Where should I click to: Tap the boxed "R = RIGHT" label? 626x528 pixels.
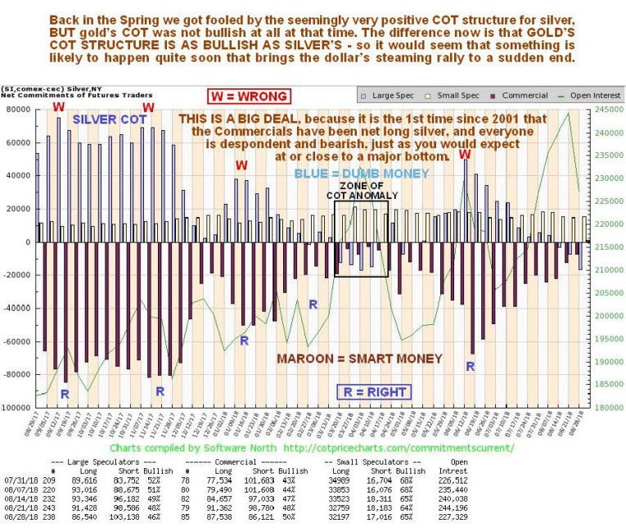[x=374, y=392]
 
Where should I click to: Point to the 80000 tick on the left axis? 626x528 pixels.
[x=18, y=109]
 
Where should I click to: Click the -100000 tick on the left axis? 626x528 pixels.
[x=16, y=407]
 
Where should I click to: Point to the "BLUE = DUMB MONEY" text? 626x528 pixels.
[x=352, y=174]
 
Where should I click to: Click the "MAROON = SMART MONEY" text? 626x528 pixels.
[x=346, y=359]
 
